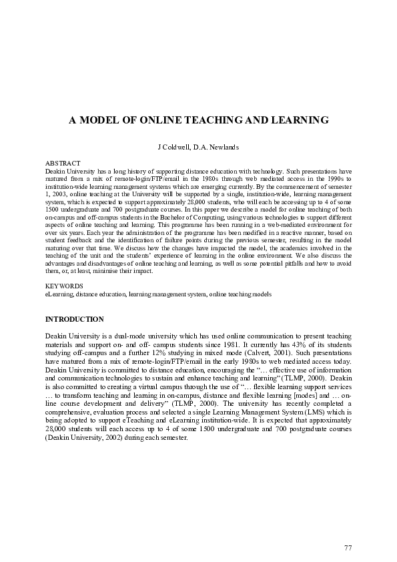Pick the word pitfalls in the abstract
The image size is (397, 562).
(294, 264)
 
